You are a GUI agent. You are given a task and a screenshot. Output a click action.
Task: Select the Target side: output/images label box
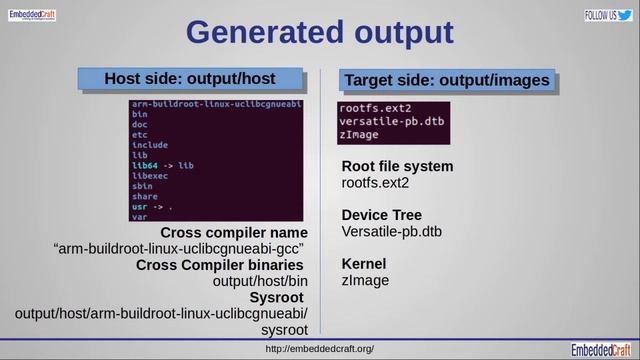click(446, 80)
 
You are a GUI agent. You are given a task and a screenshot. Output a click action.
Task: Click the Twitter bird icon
click(624, 15)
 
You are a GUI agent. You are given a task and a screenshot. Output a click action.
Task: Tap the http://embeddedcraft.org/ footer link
click(320, 349)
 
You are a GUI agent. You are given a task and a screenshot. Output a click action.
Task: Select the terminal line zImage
click(359, 135)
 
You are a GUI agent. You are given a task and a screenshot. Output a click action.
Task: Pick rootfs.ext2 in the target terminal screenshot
click(376, 108)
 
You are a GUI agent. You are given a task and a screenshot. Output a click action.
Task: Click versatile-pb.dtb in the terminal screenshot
click(392, 121)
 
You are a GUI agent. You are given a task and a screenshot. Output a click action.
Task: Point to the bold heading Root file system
click(397, 166)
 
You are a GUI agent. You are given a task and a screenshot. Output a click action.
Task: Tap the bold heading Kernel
click(364, 264)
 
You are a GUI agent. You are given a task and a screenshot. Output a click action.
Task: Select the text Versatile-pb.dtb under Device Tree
click(392, 232)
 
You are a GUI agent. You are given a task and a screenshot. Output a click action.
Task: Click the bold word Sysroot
click(277, 297)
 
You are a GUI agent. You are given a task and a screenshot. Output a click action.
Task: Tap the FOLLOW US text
click(598, 16)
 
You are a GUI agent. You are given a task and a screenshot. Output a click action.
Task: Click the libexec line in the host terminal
click(149, 175)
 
